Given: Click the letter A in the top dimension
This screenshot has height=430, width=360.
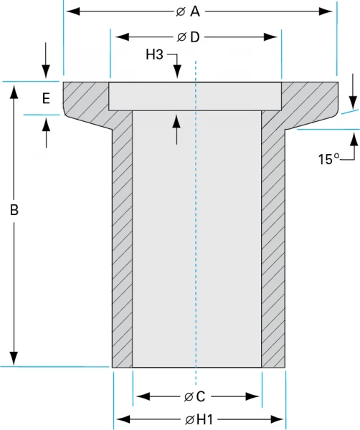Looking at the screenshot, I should pos(194,11).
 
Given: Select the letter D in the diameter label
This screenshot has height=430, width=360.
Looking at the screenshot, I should pos(194,37).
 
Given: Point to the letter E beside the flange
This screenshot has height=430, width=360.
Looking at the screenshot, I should pos(46,99).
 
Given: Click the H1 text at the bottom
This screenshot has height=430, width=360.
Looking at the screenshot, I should pos(204,419).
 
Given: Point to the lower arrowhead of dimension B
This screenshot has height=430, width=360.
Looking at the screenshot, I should pos(14,360).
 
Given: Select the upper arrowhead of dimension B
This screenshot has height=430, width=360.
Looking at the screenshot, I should pos(14,87).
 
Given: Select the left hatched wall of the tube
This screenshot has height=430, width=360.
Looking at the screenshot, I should pos(122,244).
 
